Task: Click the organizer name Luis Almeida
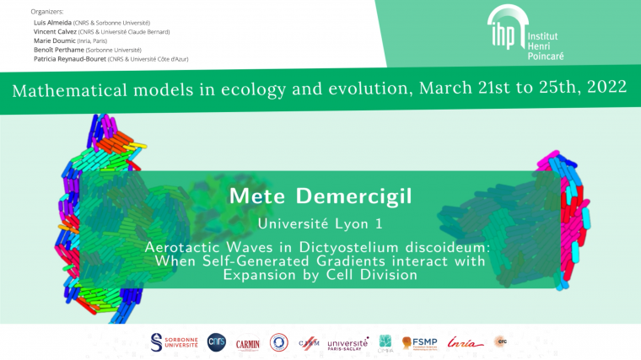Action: coord(52,22)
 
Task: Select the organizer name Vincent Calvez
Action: coord(56,32)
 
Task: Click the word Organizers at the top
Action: coord(46,12)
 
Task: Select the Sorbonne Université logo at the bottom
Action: coord(175,342)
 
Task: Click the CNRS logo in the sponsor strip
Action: coord(217,342)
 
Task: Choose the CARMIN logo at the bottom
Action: coord(248,343)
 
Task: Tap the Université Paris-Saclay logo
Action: coord(347,343)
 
